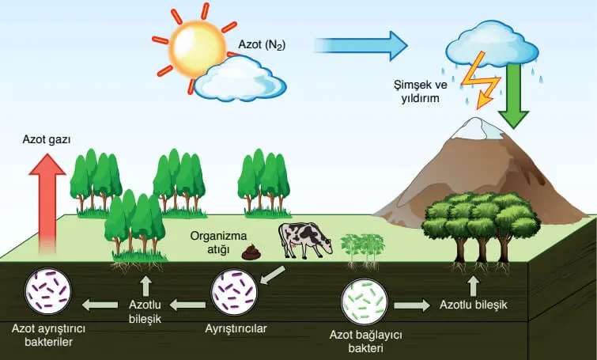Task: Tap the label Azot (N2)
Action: [262, 45]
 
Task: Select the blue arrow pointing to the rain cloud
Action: [359, 46]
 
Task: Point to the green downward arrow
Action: [513, 95]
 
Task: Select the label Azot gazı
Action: [46, 139]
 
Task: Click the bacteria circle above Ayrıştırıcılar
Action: [234, 294]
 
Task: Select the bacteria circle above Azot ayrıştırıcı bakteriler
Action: [47, 294]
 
